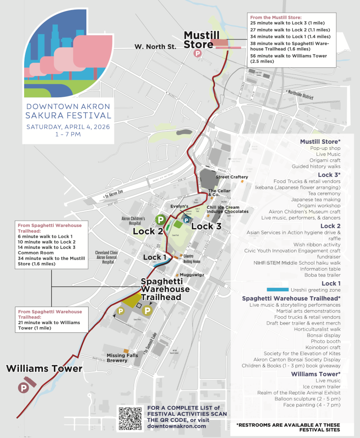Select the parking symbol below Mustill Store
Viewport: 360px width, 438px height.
[198, 53]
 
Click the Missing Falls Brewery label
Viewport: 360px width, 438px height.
[122, 358]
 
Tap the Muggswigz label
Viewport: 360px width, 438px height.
[190, 275]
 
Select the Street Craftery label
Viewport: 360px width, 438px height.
[232, 177]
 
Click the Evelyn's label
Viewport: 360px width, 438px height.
[179, 206]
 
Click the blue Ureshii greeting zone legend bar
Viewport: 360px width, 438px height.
[278, 290]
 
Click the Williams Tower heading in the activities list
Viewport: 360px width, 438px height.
[316, 374]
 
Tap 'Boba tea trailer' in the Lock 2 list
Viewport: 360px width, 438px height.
[322, 275]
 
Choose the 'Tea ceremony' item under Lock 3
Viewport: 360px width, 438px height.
[324, 193]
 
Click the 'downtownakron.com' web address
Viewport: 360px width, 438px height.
[177, 426]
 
